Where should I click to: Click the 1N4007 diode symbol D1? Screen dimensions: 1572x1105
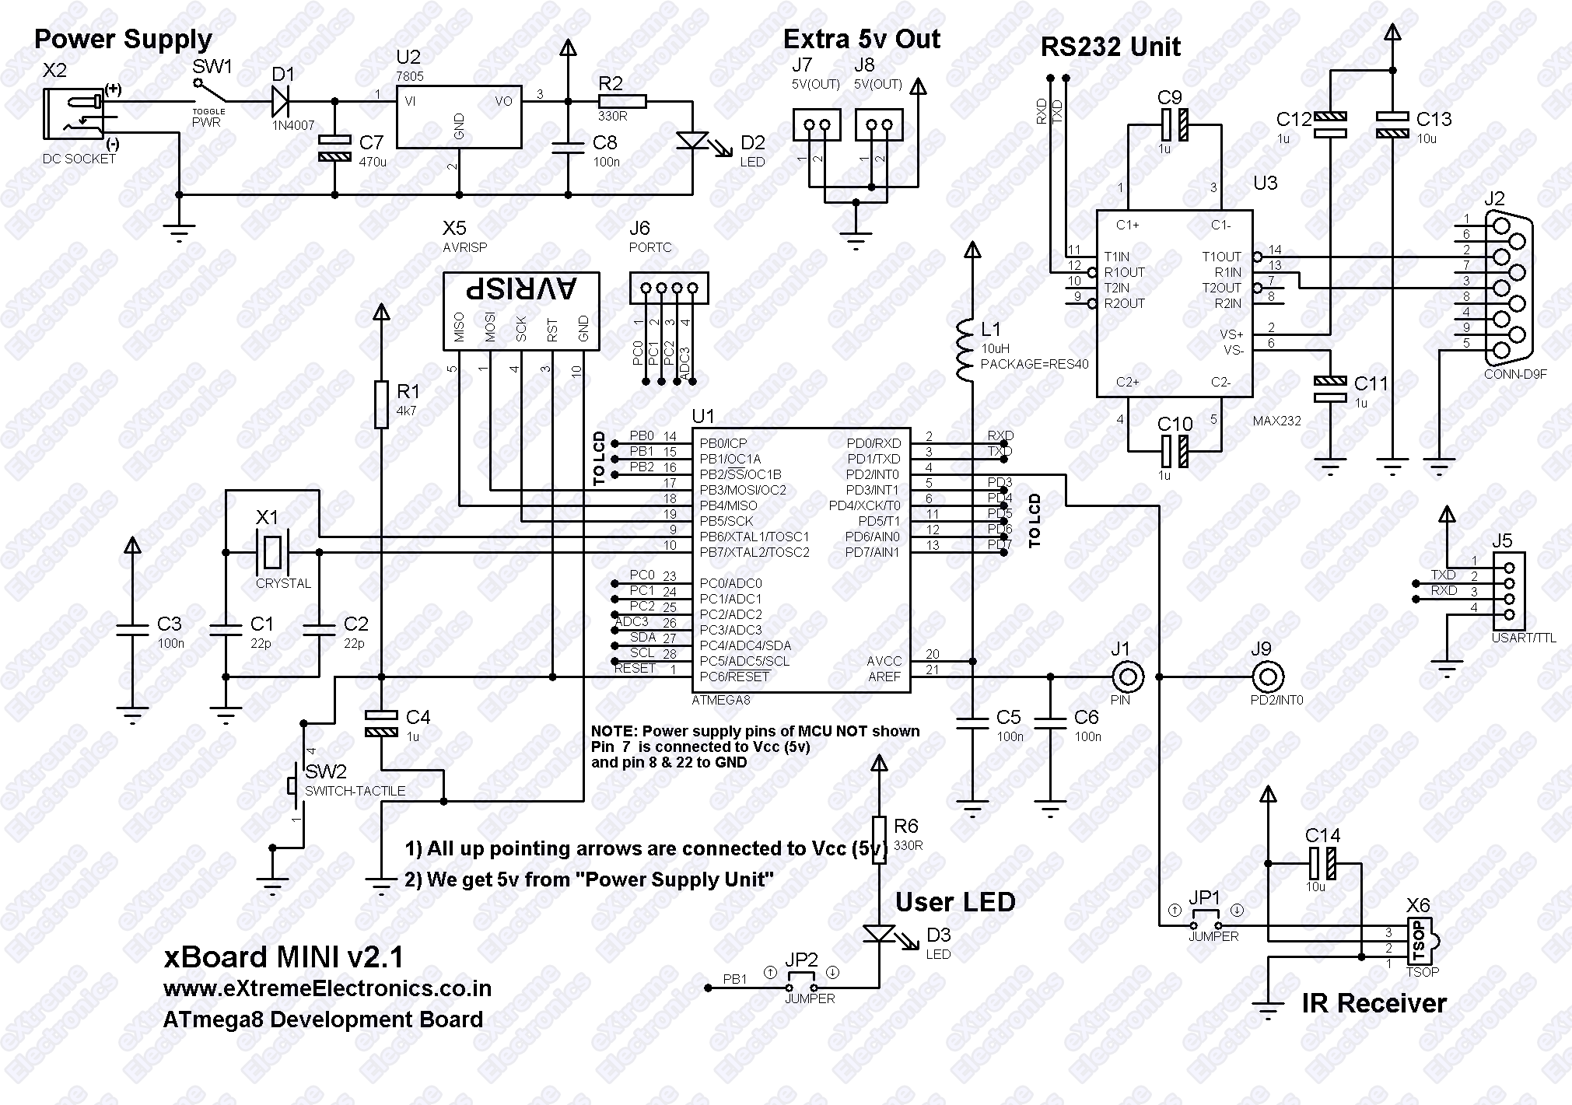(284, 101)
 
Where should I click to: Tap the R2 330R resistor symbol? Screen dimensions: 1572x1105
(622, 101)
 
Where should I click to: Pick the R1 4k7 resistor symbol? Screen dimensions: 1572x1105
(381, 404)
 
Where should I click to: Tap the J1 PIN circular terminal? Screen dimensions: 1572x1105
(1128, 677)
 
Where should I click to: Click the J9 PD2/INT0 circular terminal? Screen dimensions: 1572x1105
(1268, 677)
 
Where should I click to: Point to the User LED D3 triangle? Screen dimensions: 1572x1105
(879, 933)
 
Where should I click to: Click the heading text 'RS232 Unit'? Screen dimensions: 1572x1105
(1110, 47)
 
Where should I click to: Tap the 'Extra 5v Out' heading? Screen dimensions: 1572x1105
(861, 39)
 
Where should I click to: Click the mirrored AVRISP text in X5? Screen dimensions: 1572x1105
(521, 289)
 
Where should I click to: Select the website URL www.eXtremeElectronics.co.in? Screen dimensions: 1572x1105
(327, 988)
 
